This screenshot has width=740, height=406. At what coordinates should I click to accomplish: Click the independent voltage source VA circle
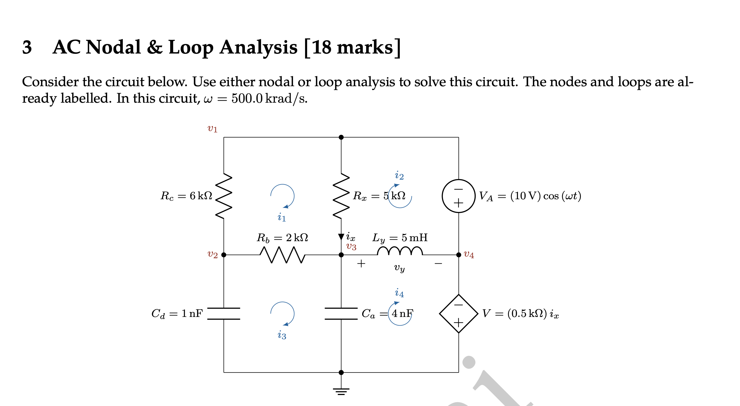pos(458,196)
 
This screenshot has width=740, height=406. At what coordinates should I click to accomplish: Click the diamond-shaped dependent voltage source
pos(458,313)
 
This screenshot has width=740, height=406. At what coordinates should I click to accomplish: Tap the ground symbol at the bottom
pos(341,391)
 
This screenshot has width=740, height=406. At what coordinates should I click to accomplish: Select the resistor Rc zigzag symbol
pos(224,196)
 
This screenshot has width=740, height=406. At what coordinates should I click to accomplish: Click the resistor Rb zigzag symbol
pos(282,254)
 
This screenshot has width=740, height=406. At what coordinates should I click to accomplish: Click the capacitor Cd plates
pos(224,313)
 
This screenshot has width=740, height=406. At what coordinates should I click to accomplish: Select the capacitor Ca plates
pos(341,313)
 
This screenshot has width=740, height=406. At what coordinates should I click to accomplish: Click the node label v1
pos(212,128)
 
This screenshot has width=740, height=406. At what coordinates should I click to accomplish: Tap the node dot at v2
pos(224,255)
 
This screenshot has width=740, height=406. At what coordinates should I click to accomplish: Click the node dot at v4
pos(458,255)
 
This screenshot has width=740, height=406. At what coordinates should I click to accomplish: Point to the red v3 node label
pos(351,247)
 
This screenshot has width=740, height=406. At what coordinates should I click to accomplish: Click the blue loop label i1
pos(282,217)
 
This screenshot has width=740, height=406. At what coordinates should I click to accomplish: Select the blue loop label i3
pos(282,335)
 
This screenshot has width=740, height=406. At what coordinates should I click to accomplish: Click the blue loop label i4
pos(399,293)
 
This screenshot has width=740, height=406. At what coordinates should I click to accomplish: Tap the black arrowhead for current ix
pos(341,237)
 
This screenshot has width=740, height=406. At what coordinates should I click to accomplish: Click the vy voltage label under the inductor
pos(399,268)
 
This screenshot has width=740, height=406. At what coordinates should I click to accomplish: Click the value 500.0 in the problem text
pos(247,99)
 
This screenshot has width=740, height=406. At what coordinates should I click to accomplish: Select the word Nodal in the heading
pos(113,47)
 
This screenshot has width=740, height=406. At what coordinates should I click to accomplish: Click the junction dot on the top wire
pos(341,137)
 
